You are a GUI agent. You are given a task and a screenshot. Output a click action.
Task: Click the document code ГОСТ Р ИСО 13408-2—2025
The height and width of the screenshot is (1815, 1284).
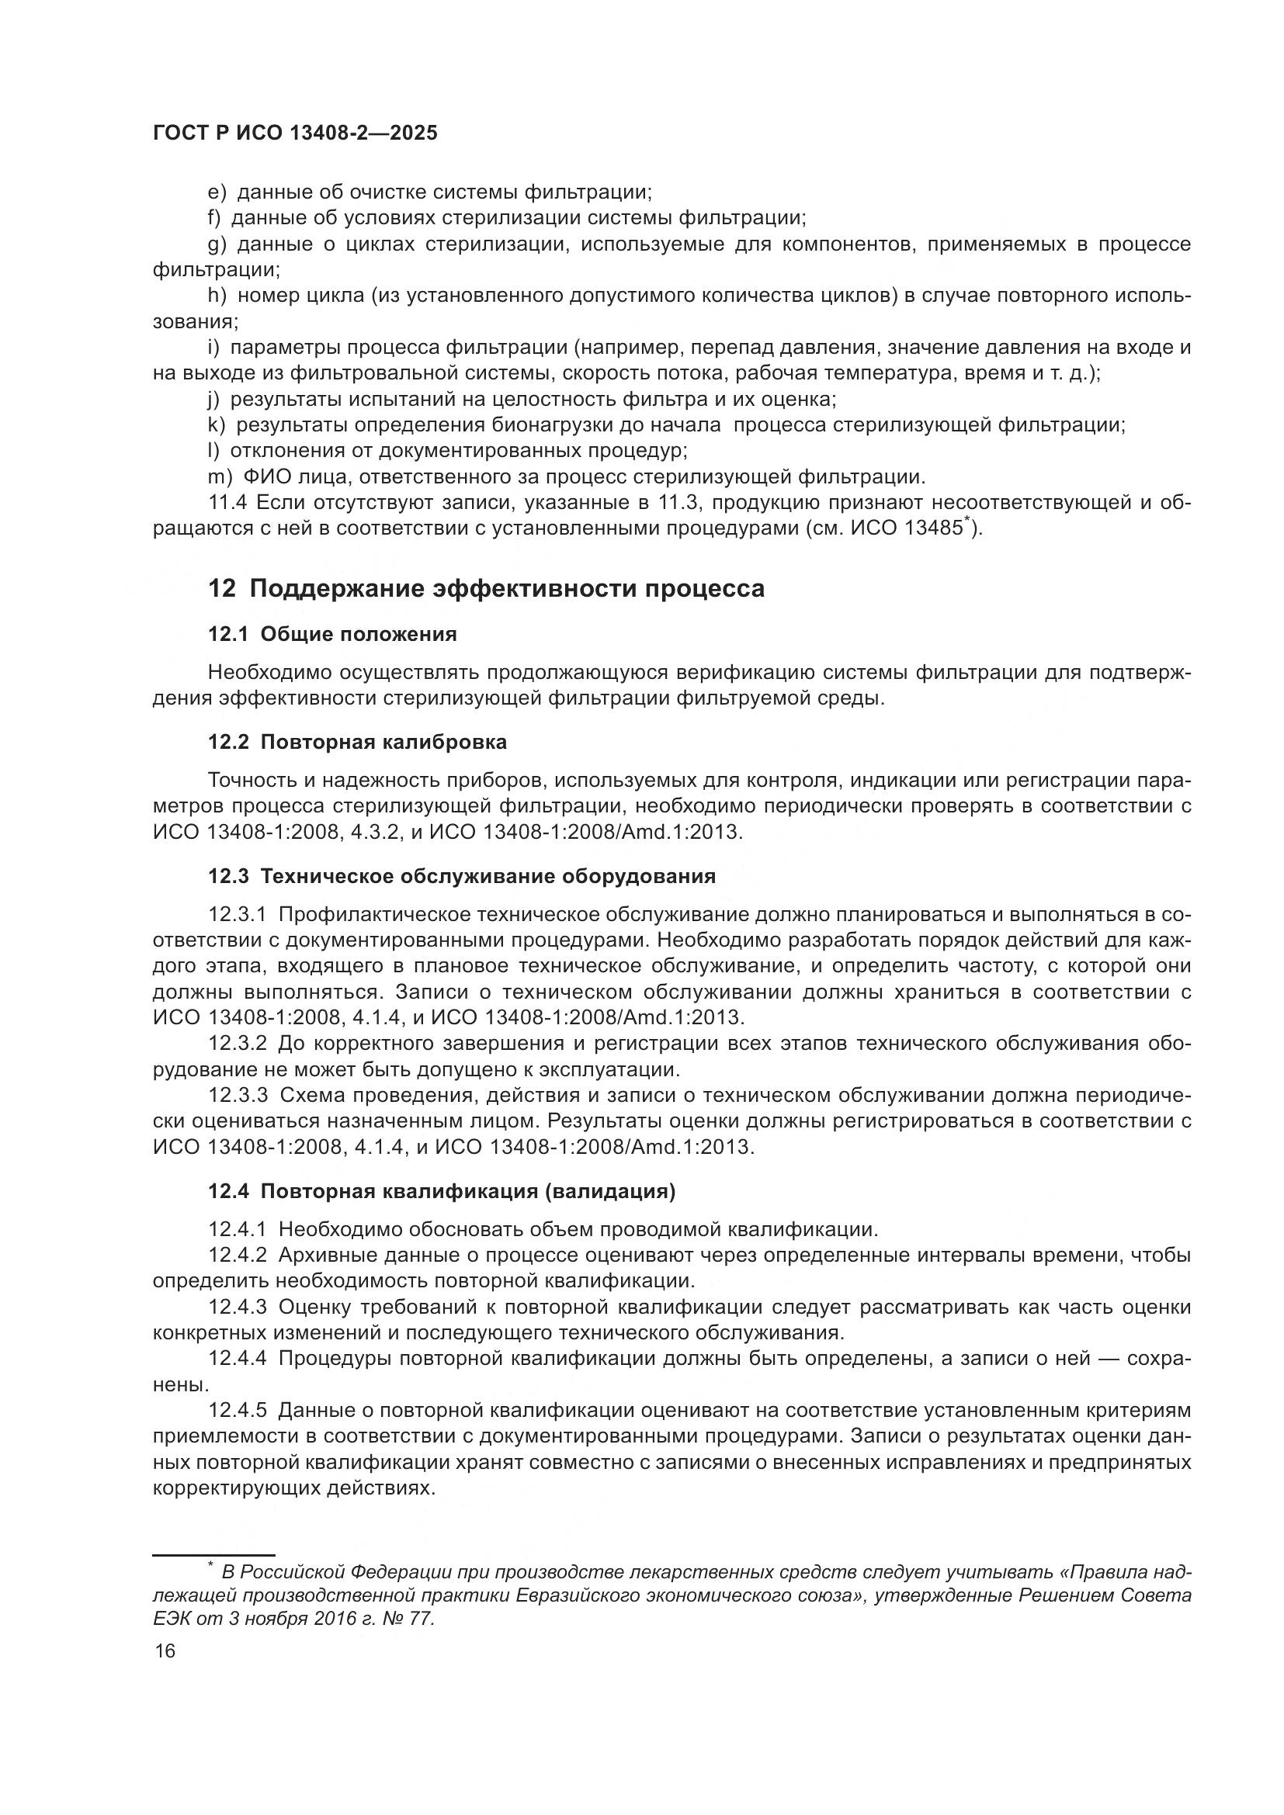pos(295,133)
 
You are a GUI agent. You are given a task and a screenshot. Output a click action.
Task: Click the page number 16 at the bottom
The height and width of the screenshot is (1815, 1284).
pos(165,1650)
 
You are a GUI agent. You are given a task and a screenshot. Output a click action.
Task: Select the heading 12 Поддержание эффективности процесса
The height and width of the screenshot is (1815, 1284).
pos(485,589)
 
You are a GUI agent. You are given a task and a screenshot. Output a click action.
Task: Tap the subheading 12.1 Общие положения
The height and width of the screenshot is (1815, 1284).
pos(332,634)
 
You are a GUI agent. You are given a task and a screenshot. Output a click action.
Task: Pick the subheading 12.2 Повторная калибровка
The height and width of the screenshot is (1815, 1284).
pos(357,743)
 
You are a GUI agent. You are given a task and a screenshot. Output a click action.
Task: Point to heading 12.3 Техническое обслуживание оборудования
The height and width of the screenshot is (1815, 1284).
pos(462,876)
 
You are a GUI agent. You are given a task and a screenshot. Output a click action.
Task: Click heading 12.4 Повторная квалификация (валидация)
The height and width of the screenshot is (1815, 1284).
pos(441,1191)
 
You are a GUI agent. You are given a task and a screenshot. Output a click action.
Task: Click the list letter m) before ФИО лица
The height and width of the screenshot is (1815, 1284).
pos(220,476)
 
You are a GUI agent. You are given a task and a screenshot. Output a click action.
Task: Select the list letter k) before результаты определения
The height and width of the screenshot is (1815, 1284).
pos(216,425)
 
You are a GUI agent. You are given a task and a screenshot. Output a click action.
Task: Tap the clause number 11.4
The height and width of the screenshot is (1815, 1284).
pos(227,503)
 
